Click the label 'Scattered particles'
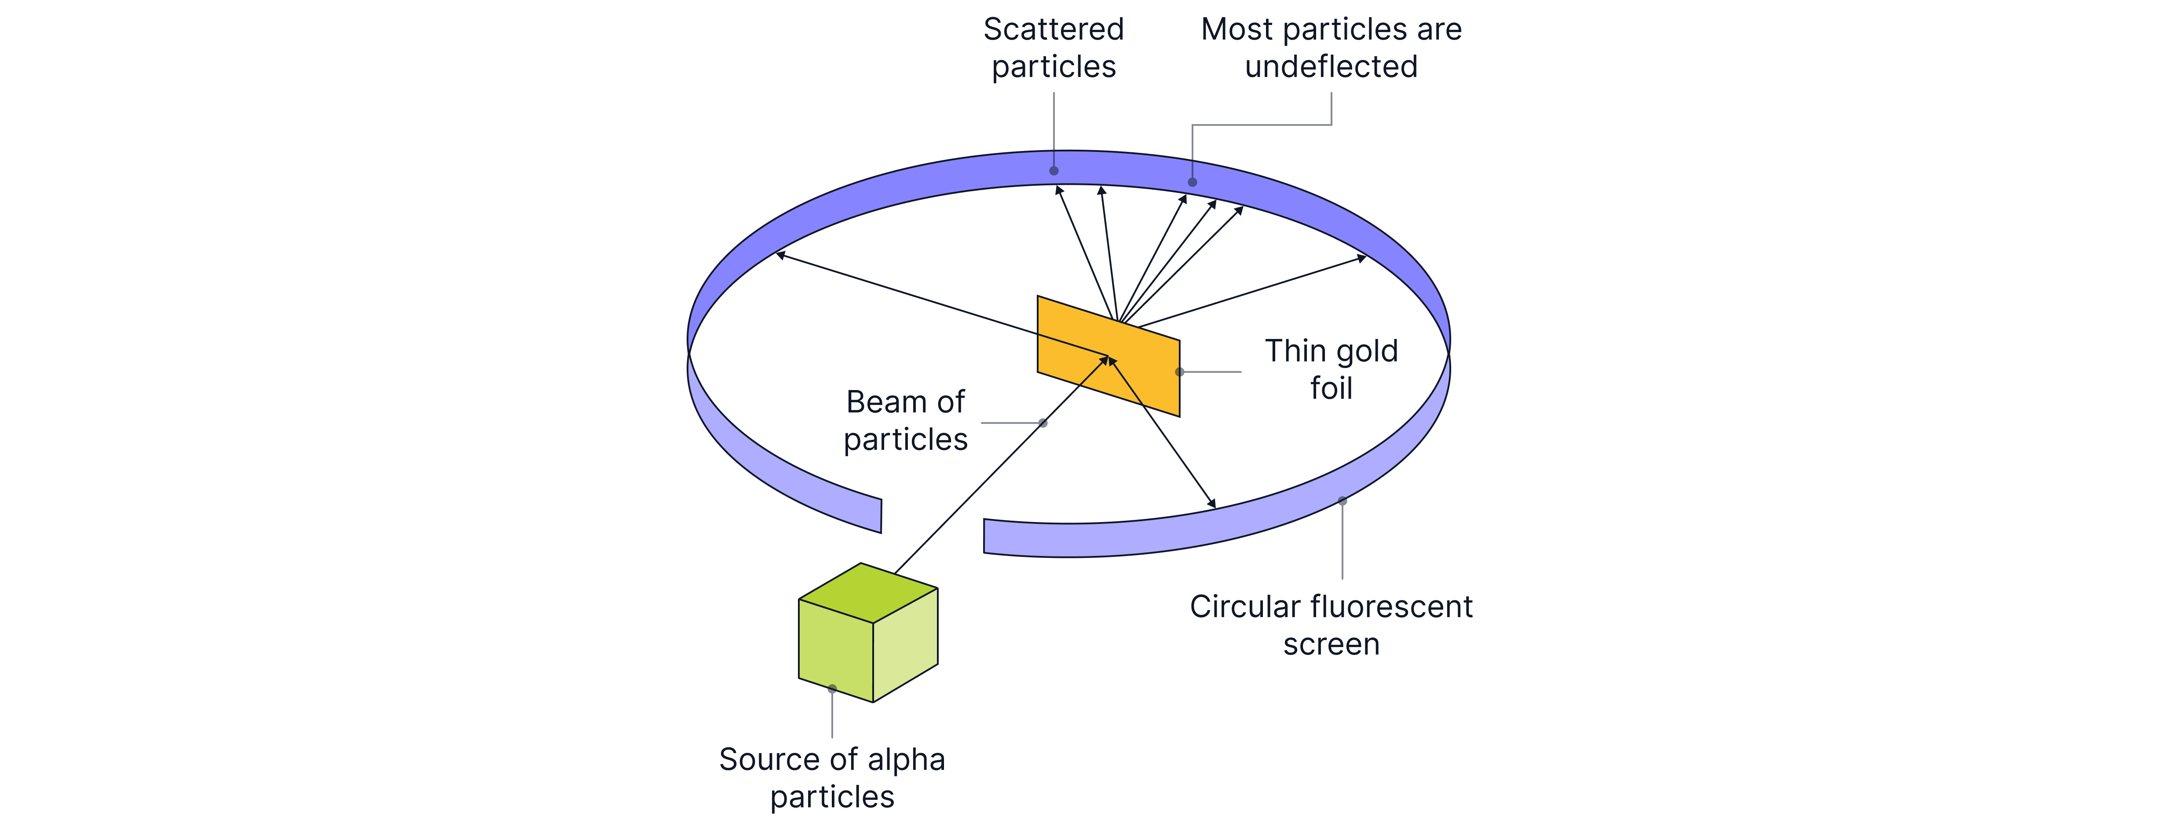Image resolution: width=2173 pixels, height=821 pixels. (x=1054, y=48)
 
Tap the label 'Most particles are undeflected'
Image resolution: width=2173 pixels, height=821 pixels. (x=1331, y=48)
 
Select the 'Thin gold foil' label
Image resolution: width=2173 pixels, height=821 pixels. (x=1331, y=370)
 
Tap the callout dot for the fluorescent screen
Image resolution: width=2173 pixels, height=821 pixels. (x=1342, y=501)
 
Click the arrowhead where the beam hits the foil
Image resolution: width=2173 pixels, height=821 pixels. (x=1104, y=360)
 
